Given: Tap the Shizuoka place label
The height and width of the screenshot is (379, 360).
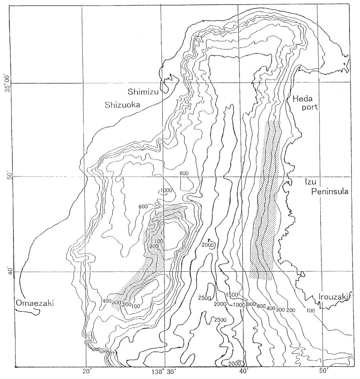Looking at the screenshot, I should [122, 105].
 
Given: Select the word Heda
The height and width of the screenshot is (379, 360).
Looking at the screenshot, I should [300, 99].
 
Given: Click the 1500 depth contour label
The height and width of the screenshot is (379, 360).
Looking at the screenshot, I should [232, 295].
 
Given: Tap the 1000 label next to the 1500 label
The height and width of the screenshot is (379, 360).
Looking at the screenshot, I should [239, 305].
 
